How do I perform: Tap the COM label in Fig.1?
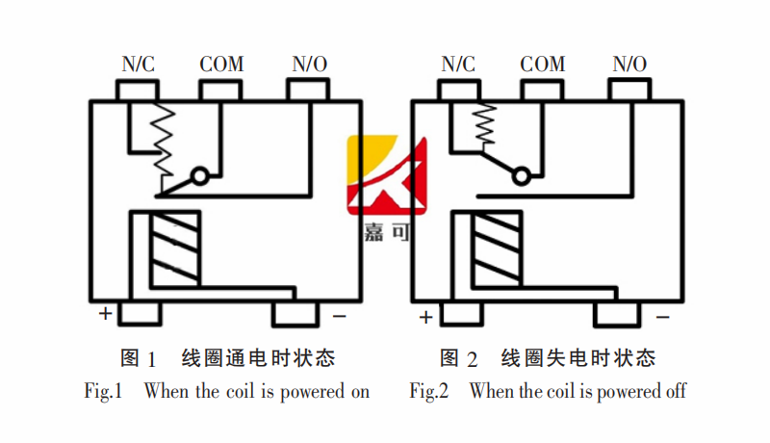(x=221, y=65)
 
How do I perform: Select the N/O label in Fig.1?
(x=309, y=65)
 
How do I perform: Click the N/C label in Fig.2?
(x=458, y=65)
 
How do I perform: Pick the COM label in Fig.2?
(x=542, y=65)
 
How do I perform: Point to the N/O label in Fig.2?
(x=629, y=65)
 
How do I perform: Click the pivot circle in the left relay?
(x=200, y=176)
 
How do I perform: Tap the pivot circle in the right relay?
(x=521, y=176)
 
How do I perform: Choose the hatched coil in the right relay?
(x=495, y=249)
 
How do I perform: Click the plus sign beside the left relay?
(x=104, y=314)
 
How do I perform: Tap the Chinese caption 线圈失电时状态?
(x=577, y=358)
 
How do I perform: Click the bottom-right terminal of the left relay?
(x=296, y=313)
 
